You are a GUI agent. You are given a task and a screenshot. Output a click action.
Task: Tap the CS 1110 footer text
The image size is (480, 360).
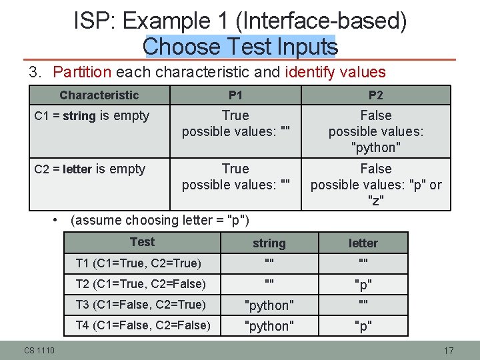(x=39, y=351)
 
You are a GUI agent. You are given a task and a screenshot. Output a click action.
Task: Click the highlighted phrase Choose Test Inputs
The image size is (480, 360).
(x=240, y=46)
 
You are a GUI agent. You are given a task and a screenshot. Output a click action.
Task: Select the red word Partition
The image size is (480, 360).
(x=83, y=72)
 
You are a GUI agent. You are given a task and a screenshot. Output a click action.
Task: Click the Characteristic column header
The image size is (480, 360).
(x=99, y=95)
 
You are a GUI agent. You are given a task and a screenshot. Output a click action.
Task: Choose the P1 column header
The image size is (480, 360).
(x=235, y=95)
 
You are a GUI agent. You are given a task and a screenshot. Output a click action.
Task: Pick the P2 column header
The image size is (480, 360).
(x=375, y=95)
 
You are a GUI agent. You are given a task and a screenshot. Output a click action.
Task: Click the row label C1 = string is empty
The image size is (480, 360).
(x=92, y=116)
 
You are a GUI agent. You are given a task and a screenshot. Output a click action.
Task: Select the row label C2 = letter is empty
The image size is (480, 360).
(x=89, y=169)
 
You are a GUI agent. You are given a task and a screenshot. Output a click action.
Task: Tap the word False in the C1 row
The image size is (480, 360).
(x=375, y=116)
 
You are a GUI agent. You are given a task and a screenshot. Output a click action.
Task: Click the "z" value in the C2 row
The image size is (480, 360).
(x=375, y=200)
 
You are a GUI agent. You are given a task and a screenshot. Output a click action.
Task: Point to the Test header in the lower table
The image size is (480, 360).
(x=142, y=242)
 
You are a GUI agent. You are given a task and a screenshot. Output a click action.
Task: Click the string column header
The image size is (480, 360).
(x=269, y=243)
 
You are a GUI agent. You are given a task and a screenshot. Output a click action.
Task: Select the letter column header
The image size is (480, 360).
(x=363, y=243)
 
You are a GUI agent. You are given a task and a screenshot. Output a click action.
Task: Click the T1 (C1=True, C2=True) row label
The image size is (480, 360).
(x=139, y=263)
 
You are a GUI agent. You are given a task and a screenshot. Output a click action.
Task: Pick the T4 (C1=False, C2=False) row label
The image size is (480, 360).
(x=143, y=325)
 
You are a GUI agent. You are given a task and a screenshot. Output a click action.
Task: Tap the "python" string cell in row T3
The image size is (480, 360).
(x=269, y=305)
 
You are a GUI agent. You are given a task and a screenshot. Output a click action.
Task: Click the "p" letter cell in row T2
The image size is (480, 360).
(x=363, y=285)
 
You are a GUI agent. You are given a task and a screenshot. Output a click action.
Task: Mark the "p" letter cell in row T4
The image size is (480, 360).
(x=363, y=326)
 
